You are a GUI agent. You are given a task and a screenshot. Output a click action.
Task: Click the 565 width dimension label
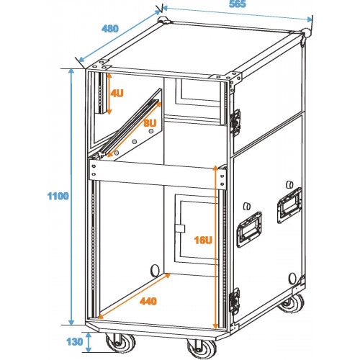[x=238, y=4]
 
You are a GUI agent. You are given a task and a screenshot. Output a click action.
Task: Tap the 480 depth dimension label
[x=110, y=29]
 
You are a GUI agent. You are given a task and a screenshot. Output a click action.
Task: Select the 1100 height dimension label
[x=58, y=196]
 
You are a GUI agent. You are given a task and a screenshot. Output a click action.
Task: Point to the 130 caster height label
[x=75, y=342]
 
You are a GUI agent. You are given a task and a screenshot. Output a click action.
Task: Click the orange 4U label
[x=117, y=93]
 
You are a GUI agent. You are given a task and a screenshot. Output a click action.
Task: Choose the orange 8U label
[x=150, y=123]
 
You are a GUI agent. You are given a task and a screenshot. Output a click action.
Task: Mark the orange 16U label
[x=203, y=240]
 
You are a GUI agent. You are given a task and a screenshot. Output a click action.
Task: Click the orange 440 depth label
[x=148, y=301]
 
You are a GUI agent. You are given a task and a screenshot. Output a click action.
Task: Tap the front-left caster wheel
[x=121, y=343]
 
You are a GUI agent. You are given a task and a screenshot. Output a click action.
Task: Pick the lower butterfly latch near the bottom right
[x=235, y=301]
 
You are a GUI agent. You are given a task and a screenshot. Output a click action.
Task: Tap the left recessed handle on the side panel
[x=249, y=230]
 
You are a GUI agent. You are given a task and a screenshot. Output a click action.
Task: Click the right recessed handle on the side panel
[x=289, y=205]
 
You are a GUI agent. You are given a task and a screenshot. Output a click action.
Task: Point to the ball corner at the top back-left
[x=163, y=20]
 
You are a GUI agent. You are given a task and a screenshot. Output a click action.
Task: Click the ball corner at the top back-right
[x=306, y=32]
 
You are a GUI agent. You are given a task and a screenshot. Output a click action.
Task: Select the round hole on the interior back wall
[x=155, y=271]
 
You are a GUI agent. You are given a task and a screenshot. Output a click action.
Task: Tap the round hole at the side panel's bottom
[x=292, y=278]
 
